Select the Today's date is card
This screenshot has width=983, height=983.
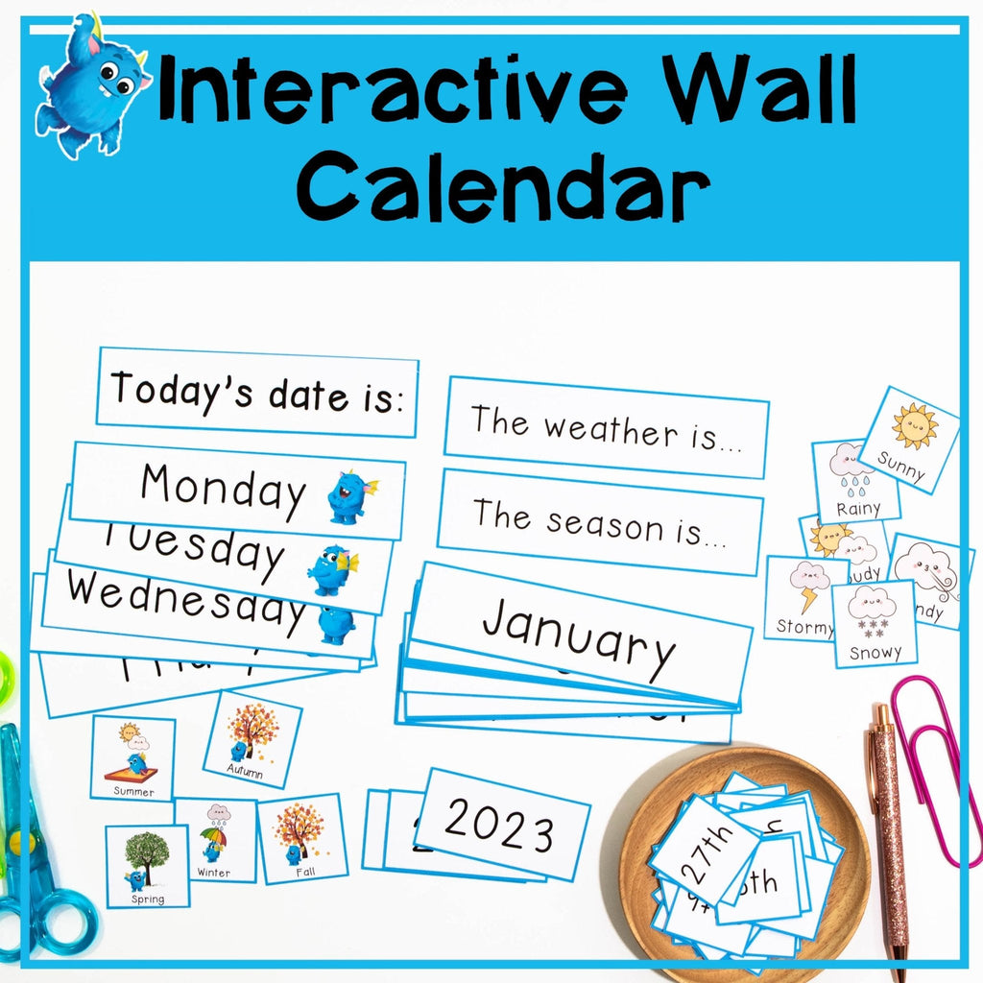click(x=257, y=392)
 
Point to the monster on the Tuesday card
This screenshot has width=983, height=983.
click(x=332, y=570)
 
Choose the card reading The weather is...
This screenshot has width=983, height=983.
click(x=606, y=427)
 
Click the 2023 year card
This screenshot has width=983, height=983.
click(x=501, y=825)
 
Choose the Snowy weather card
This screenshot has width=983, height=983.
click(x=875, y=624)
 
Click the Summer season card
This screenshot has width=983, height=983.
click(x=132, y=758)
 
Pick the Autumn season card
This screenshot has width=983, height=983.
click(x=252, y=738)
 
